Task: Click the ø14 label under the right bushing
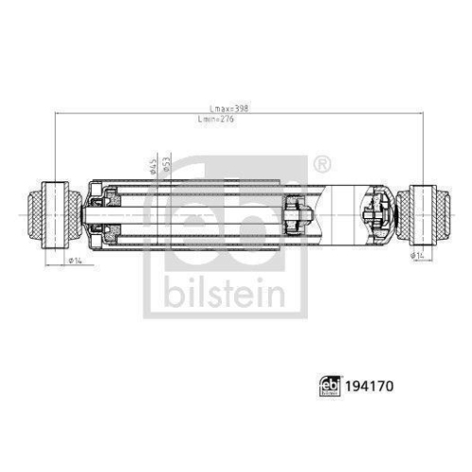(x=415, y=255)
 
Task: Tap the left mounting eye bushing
(x=56, y=212)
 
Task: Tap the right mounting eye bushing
(x=421, y=212)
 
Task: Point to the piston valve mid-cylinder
(x=298, y=212)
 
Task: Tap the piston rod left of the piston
(x=189, y=212)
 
